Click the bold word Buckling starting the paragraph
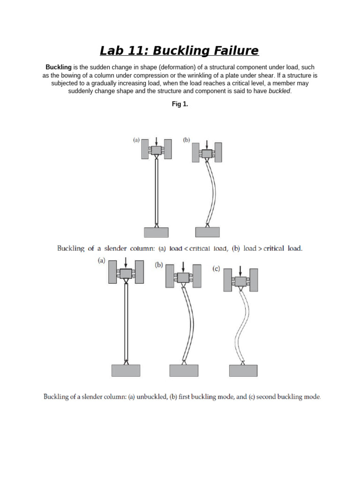58,67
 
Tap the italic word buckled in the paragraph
279,91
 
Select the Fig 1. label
180,104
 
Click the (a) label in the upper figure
136,140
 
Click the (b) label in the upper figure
187,140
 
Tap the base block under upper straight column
156,232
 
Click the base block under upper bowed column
207,232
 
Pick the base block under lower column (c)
243,370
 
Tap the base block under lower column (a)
126,370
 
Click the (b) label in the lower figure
159,265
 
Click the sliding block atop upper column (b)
207,153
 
